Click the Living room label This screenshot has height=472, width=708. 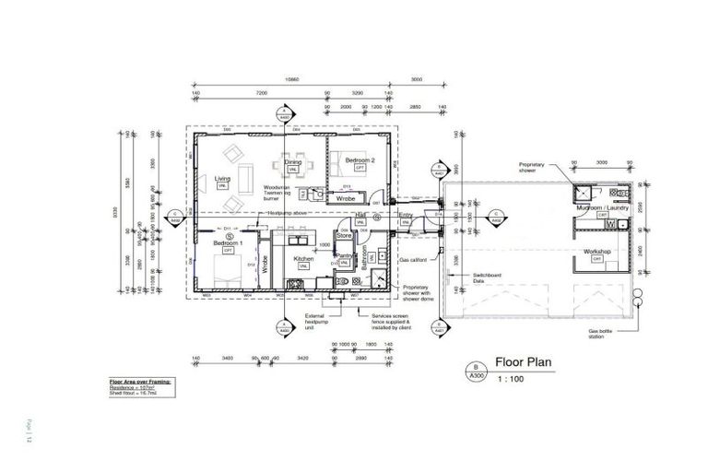click(222, 179)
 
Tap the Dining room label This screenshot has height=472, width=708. click(292, 163)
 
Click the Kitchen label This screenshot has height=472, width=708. click(304, 259)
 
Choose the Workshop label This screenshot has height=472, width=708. click(598, 251)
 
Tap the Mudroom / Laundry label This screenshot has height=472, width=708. click(602, 208)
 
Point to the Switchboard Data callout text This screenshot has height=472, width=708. click(489, 277)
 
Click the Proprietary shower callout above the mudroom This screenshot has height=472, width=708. click(537, 167)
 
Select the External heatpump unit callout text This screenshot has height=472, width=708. click(318, 322)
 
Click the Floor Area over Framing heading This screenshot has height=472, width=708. click(140, 381)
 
